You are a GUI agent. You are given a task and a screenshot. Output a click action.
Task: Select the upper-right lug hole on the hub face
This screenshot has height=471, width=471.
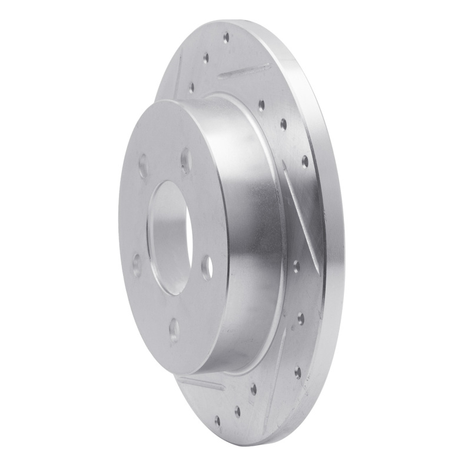click(186, 161)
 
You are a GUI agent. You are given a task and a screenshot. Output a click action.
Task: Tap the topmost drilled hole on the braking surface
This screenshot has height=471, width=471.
click(226, 38)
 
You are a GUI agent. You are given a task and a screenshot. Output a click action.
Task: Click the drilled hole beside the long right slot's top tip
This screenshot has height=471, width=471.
click(304, 160)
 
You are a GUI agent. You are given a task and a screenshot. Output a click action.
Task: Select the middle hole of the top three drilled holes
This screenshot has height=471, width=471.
click(205, 58)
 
